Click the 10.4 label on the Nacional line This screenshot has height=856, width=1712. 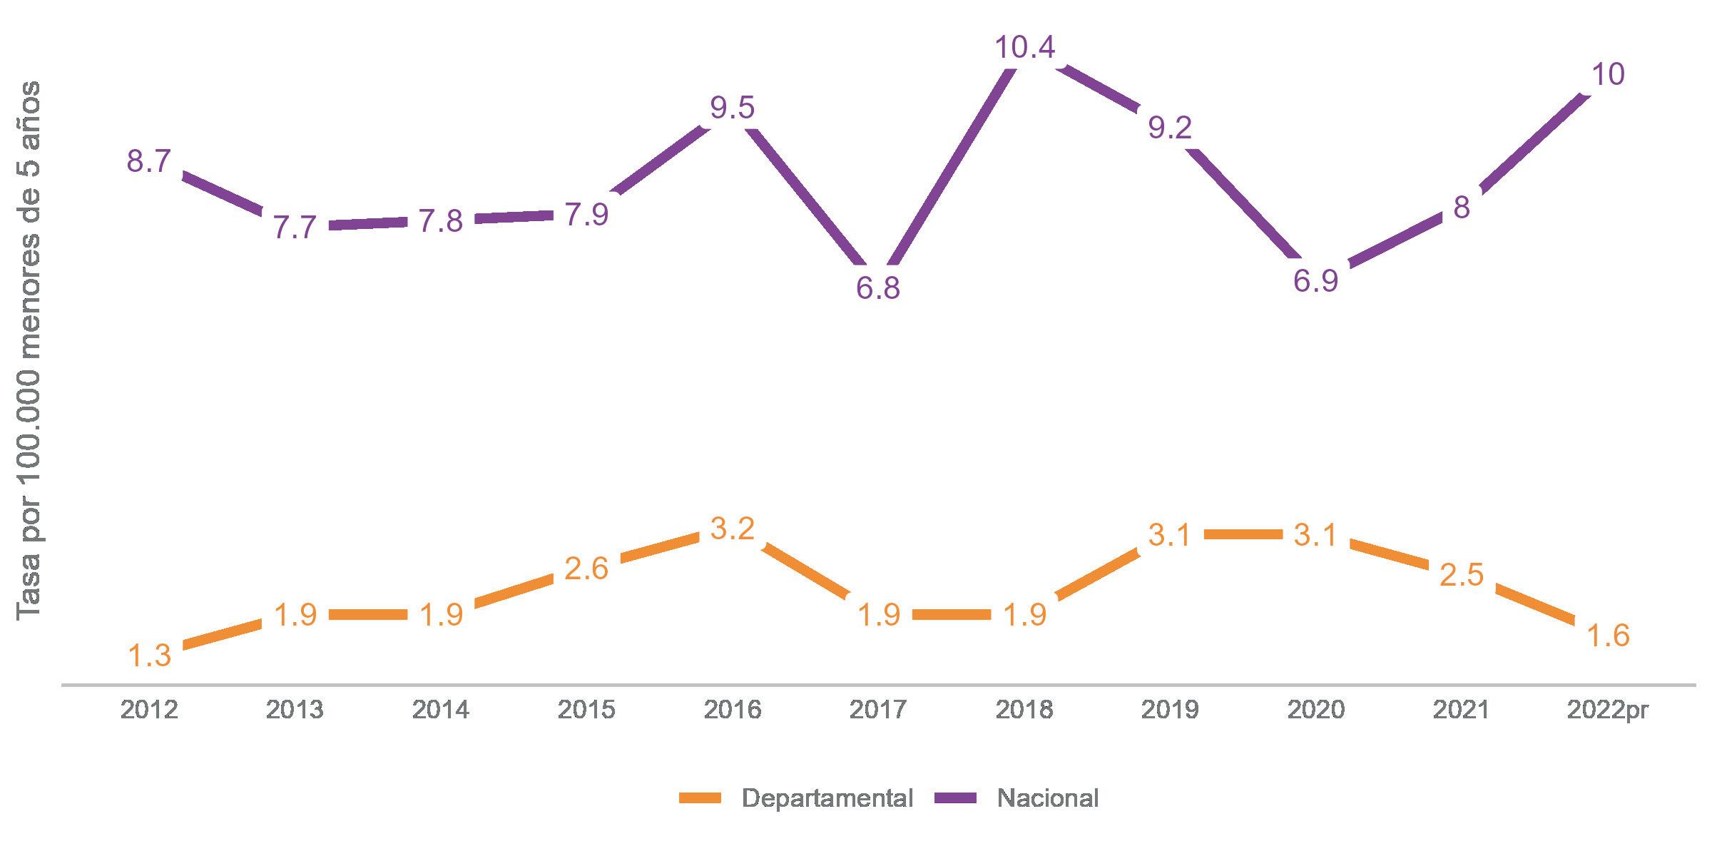tap(1024, 47)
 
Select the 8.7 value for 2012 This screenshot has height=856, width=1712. tap(149, 162)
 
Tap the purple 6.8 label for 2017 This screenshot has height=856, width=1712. tap(878, 289)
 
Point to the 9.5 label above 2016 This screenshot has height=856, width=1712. tap(733, 108)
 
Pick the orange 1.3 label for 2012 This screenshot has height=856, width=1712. tap(150, 656)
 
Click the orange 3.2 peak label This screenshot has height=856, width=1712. tap(733, 529)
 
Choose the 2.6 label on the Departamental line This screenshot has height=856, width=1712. tap(586, 569)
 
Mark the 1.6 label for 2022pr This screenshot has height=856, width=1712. tap(1608, 636)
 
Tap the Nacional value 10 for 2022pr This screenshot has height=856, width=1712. tap(1608, 74)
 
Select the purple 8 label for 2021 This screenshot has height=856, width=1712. tap(1462, 208)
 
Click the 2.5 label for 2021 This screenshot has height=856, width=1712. tap(1462, 575)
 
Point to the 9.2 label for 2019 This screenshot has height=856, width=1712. tap(1170, 128)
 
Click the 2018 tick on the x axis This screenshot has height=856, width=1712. tap(1024, 710)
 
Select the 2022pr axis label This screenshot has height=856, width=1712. tap(1608, 710)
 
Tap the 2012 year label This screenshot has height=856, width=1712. tap(149, 710)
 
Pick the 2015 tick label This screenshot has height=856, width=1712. tap(586, 710)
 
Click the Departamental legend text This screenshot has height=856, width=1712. tap(827, 798)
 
